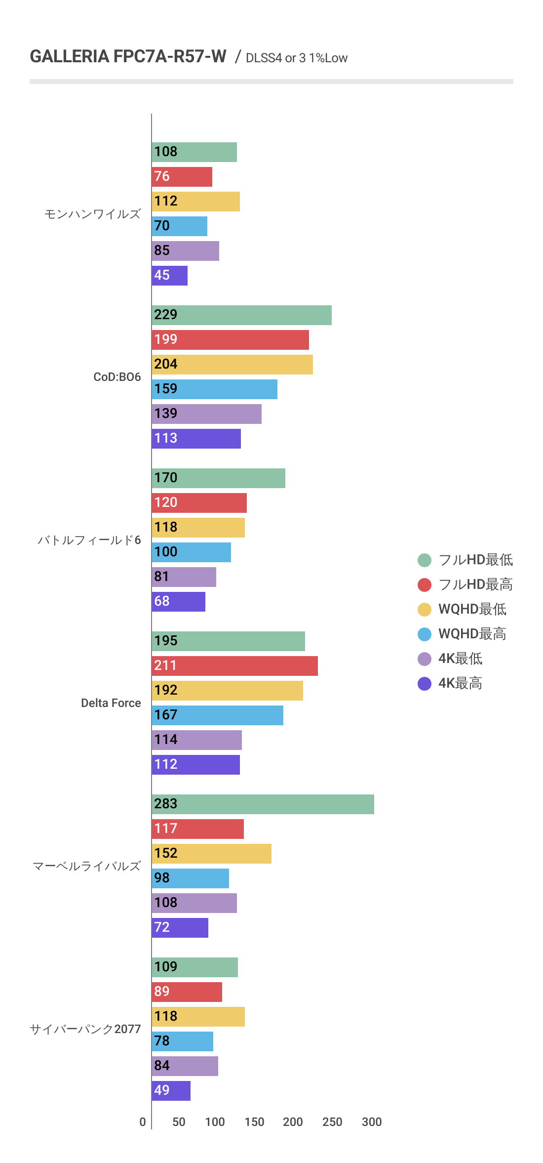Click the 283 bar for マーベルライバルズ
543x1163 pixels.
click(x=263, y=804)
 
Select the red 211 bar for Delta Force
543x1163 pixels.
click(x=234, y=666)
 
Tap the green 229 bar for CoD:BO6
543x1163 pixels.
click(x=241, y=315)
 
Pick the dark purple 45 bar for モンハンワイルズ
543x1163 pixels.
click(x=169, y=276)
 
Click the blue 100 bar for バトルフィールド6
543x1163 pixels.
click(x=191, y=552)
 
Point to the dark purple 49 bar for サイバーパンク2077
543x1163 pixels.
click(x=171, y=1091)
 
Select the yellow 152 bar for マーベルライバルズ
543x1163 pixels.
click(x=211, y=854)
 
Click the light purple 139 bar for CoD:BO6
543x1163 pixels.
click(x=206, y=414)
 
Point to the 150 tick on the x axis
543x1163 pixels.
click(x=254, y=1122)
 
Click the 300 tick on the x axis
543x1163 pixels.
click(x=372, y=1122)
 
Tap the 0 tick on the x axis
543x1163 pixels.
click(x=143, y=1122)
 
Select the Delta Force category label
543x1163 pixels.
click(x=111, y=703)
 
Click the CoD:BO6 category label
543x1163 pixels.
click(x=117, y=377)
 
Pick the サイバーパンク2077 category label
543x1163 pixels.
click(x=85, y=1029)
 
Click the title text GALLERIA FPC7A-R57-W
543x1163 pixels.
click(x=128, y=56)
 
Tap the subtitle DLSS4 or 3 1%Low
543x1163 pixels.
click(x=296, y=58)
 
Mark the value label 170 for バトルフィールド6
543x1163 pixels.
click(x=165, y=478)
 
